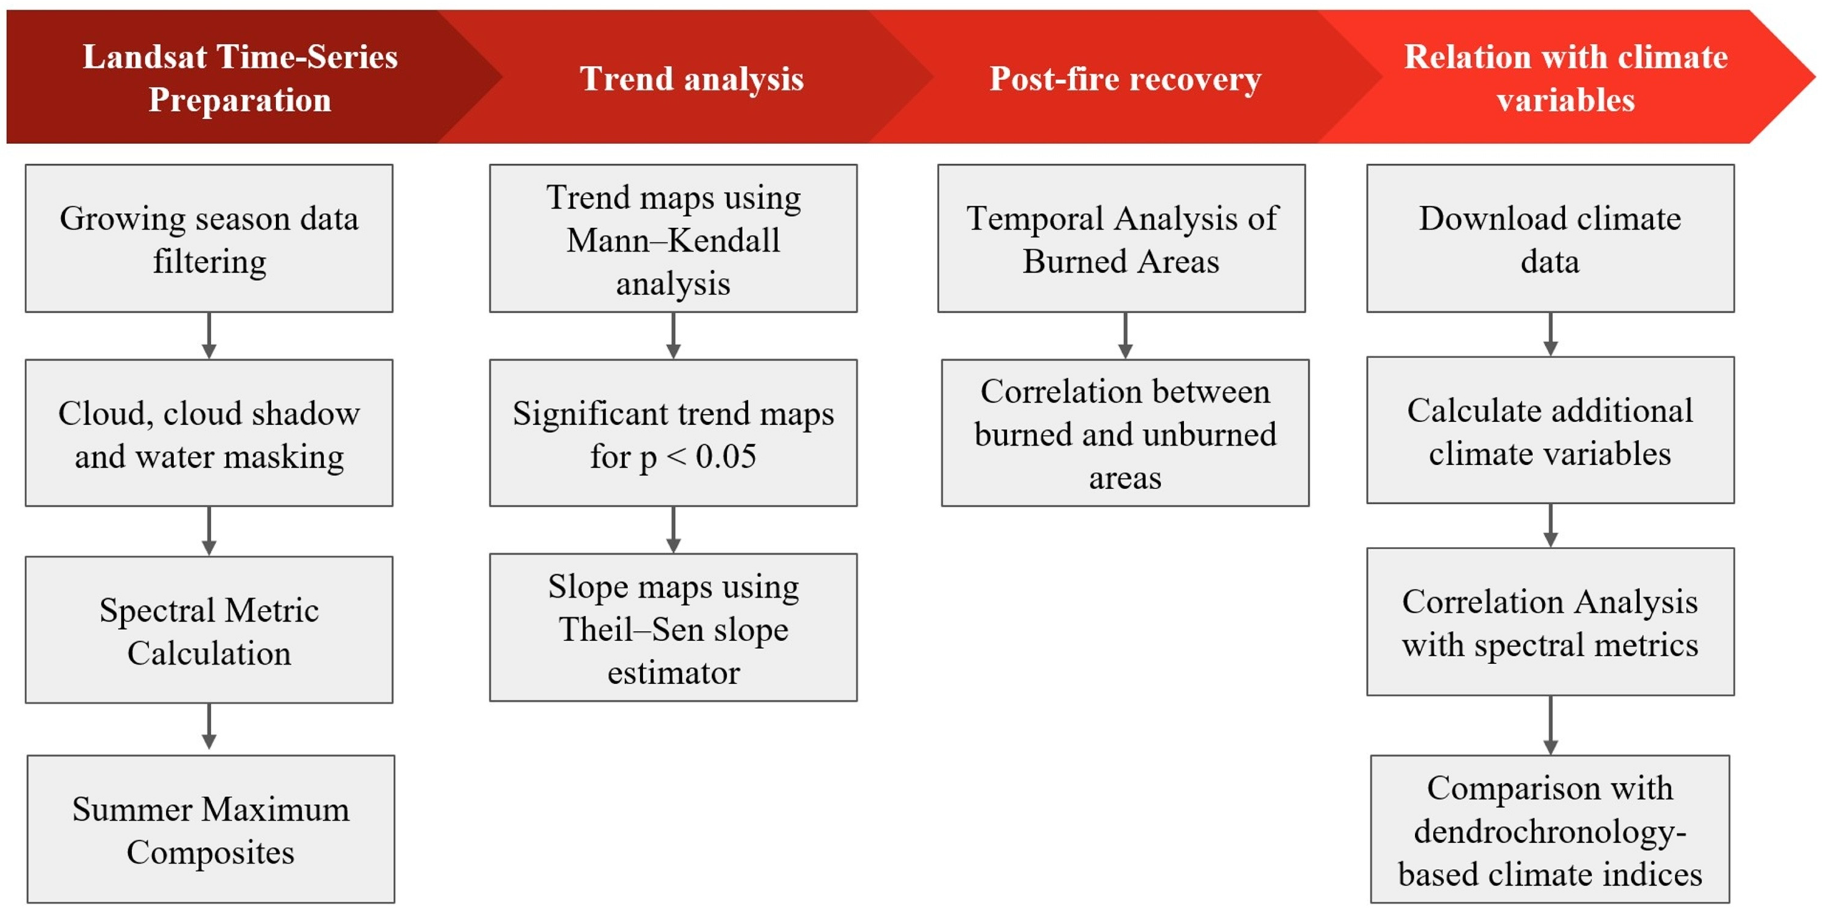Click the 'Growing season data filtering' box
tap(209, 238)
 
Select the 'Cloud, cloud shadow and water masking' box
tap(209, 433)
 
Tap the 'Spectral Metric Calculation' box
tap(209, 630)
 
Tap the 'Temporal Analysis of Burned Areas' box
tap(1121, 238)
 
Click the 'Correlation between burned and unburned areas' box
tap(1126, 433)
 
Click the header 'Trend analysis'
tap(691, 78)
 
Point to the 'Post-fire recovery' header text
tap(1126, 78)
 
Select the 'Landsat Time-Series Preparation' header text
tap(240, 78)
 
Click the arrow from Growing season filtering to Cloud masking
tap(209, 336)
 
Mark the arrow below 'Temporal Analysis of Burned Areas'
tap(1126, 336)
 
